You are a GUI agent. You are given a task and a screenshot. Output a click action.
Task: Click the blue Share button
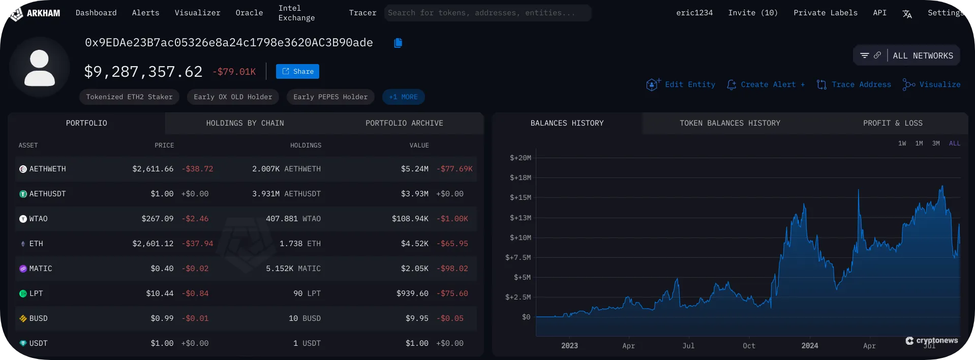click(297, 72)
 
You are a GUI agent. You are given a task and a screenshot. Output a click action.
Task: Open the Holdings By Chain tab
click(245, 123)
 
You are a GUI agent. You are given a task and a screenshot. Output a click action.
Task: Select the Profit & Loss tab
click(893, 123)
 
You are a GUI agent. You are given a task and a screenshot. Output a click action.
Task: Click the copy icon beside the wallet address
click(398, 43)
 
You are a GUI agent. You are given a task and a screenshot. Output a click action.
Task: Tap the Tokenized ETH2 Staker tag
click(129, 97)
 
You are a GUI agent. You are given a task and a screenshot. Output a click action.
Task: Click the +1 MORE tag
click(403, 97)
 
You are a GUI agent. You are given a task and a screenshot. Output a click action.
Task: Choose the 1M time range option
click(919, 143)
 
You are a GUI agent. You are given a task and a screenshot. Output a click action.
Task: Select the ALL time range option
click(955, 143)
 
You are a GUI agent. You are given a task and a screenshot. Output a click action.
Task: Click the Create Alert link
click(766, 84)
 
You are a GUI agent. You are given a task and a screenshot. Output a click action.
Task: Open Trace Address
click(854, 84)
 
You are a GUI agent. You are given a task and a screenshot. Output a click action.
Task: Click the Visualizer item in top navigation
click(197, 13)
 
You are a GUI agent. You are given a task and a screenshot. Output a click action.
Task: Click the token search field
click(487, 13)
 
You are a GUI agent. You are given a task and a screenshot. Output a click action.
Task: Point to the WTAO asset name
click(38, 219)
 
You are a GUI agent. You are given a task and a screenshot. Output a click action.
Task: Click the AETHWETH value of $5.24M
click(414, 169)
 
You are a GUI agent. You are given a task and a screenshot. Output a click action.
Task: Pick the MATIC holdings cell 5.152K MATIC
click(293, 268)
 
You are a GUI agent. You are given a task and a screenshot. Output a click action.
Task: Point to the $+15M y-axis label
click(520, 197)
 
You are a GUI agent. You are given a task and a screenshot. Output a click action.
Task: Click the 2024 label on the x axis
click(809, 346)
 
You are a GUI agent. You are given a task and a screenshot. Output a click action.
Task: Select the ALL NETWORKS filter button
click(906, 55)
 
